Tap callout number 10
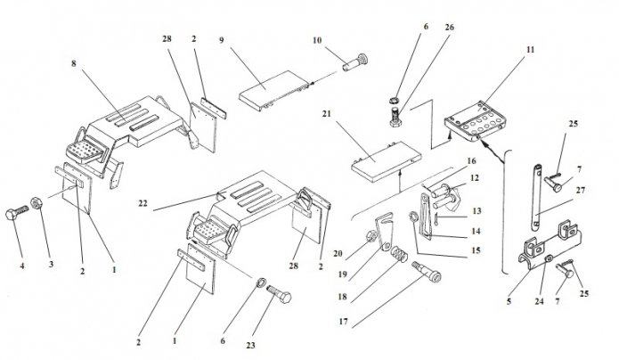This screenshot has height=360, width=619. [x=315, y=40]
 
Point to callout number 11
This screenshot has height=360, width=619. [x=530, y=52]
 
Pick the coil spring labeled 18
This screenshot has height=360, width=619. [x=402, y=258]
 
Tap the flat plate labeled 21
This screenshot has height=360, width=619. [x=385, y=163]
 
